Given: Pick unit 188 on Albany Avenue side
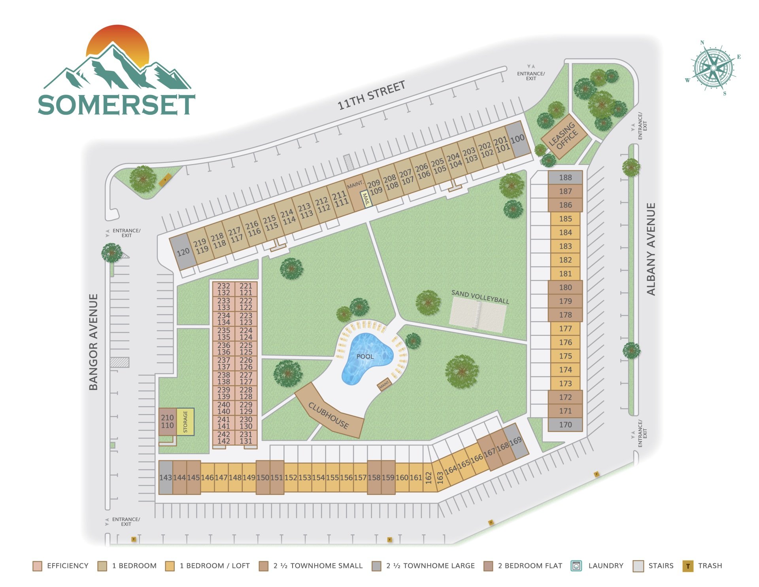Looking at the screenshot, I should [x=565, y=178].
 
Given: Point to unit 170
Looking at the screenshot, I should [x=565, y=425].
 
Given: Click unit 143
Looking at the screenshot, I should [x=166, y=477].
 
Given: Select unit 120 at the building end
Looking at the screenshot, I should [x=183, y=252].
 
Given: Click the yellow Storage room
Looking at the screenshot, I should [x=185, y=422].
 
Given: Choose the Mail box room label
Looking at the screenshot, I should [x=366, y=199].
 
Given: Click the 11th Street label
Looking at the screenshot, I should [x=371, y=95].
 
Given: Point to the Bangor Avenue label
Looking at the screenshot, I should [x=93, y=342].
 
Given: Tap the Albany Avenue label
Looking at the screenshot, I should [x=651, y=249].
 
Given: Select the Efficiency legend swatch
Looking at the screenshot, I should [x=37, y=566].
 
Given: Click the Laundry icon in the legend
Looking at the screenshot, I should [x=576, y=566].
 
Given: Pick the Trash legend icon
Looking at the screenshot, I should [x=688, y=566].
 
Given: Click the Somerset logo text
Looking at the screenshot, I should [x=117, y=104].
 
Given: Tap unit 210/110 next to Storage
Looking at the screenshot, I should [x=167, y=422].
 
